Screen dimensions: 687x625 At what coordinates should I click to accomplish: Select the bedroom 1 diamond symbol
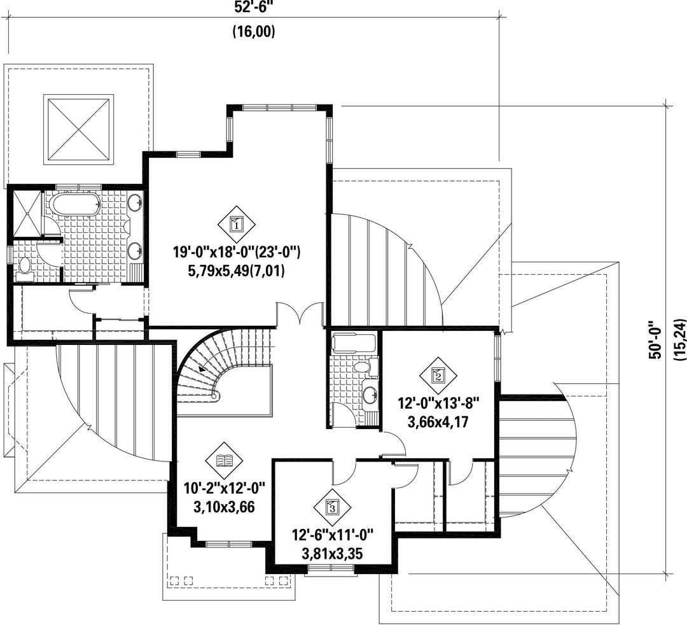point(237,225)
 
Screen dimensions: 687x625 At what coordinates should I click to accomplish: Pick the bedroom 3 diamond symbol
point(332,508)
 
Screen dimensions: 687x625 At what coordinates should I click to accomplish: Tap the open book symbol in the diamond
point(225,461)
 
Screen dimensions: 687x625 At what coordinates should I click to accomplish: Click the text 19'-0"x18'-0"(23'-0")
point(237,253)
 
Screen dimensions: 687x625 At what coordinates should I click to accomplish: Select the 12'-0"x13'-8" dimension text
point(439,403)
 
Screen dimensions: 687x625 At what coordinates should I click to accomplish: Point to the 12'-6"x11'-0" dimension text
point(333,535)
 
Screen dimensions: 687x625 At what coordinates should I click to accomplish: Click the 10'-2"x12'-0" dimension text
point(225,488)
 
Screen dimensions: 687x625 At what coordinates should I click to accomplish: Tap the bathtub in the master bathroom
point(74,205)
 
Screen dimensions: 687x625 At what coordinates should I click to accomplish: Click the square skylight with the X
point(78,129)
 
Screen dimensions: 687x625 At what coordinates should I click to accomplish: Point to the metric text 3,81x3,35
point(333,554)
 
